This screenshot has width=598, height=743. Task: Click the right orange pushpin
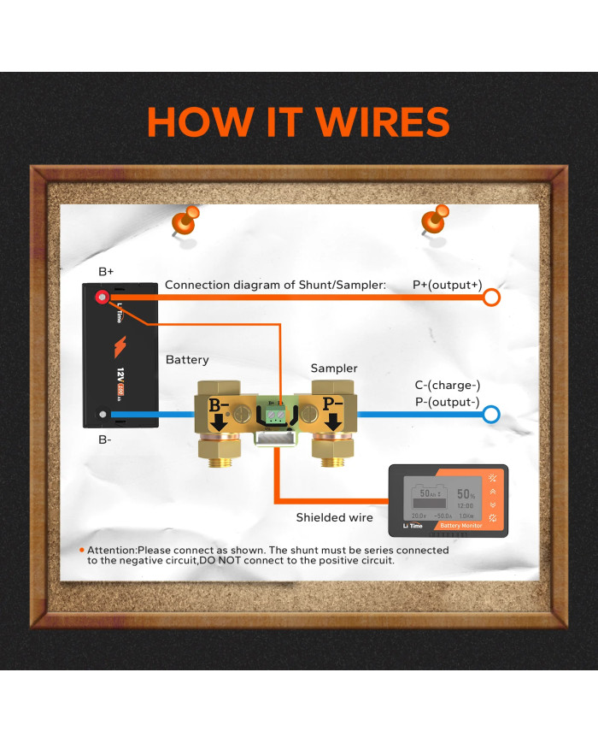click(x=435, y=220)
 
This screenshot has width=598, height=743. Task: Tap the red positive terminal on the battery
click(x=103, y=298)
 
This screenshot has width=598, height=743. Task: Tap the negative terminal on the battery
click(x=103, y=416)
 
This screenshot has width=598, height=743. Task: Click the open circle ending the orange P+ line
click(x=491, y=298)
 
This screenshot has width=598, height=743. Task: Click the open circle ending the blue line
click(x=491, y=416)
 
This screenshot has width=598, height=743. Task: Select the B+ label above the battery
click(x=106, y=271)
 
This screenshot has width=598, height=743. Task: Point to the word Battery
click(x=187, y=360)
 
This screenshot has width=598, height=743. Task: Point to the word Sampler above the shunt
click(x=334, y=369)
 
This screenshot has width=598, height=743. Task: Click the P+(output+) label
click(x=448, y=285)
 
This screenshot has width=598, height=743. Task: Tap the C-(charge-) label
click(x=448, y=386)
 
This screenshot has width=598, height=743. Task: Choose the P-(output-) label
click(x=448, y=403)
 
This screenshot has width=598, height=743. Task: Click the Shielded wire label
click(x=334, y=517)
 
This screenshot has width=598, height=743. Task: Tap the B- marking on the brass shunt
click(x=219, y=404)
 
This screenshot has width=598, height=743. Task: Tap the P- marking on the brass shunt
click(x=333, y=404)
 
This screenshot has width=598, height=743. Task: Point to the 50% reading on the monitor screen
click(x=466, y=494)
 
